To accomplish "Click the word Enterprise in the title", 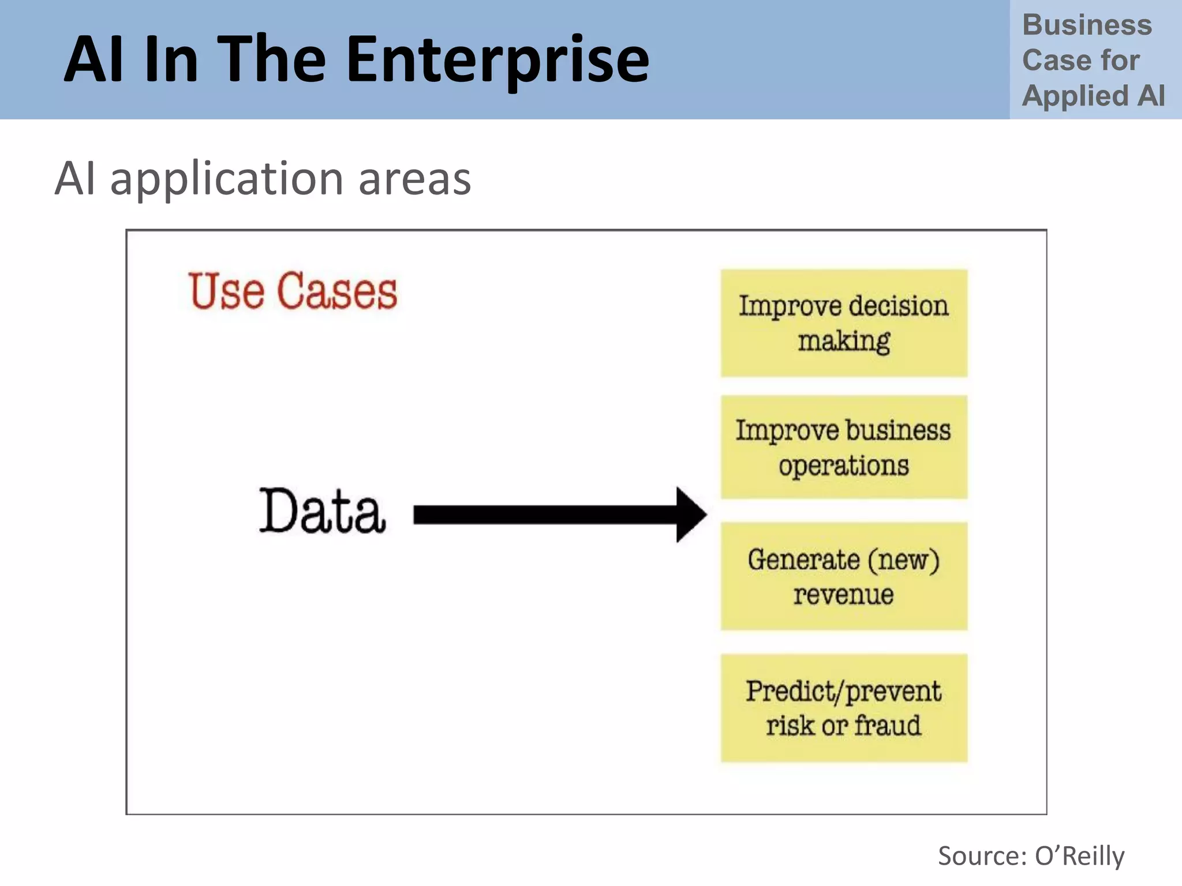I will pos(498,60).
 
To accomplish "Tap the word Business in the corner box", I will pos(1087,25).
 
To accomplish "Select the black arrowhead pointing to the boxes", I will pos(690,515).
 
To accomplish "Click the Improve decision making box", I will pos(844,323).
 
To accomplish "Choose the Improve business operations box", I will pos(844,447).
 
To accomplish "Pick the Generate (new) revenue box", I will pos(844,576).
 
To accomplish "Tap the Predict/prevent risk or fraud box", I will pos(844,708).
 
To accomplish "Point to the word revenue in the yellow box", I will pos(843,594).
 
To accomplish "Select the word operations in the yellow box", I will pos(843,465).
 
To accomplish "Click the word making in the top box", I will pos(844,341).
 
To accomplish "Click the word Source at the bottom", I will pos(981,855).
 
